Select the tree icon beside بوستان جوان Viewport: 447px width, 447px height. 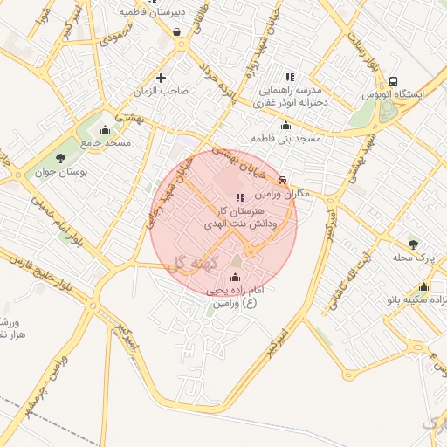tap(60, 158)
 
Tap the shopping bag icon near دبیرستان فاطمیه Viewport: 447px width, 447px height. tap(178, 32)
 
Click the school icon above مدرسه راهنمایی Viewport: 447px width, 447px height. tap(290, 77)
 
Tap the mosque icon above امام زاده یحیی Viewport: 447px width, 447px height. tap(234, 278)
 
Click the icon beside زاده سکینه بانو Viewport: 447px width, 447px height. tap(423, 287)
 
